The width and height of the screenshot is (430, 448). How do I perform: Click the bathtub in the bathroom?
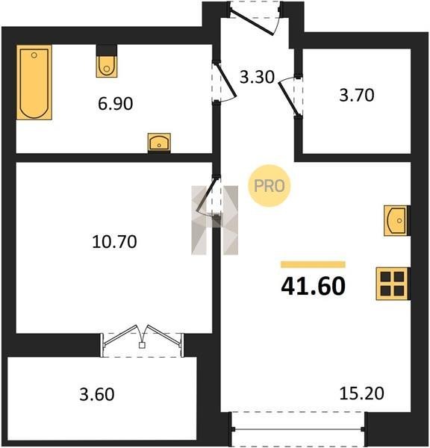click(x=34, y=82)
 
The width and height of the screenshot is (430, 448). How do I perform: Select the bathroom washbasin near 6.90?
click(x=159, y=143)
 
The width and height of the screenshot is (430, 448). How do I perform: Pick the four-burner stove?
click(x=393, y=284)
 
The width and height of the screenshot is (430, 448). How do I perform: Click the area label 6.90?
click(x=116, y=104)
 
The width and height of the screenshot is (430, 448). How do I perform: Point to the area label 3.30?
click(x=257, y=77)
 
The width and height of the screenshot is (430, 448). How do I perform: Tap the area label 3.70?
click(x=357, y=95)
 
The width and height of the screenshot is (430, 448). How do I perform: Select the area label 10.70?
click(x=114, y=242)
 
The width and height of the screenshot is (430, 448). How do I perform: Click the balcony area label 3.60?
click(x=97, y=394)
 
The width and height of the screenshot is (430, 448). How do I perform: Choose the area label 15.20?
click(x=362, y=393)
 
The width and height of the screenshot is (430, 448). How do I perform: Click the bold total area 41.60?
click(x=313, y=286)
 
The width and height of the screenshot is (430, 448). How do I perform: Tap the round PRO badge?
click(x=269, y=186)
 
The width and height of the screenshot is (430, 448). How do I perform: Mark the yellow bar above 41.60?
click(x=313, y=264)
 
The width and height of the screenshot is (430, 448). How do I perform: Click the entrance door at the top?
click(x=255, y=18)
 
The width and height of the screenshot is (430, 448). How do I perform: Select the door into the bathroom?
click(x=224, y=82)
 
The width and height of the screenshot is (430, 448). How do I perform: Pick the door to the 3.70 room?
click(x=290, y=96)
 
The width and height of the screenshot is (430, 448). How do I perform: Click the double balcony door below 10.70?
click(x=142, y=341)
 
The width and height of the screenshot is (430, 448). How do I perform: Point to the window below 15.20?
click(x=298, y=429)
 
